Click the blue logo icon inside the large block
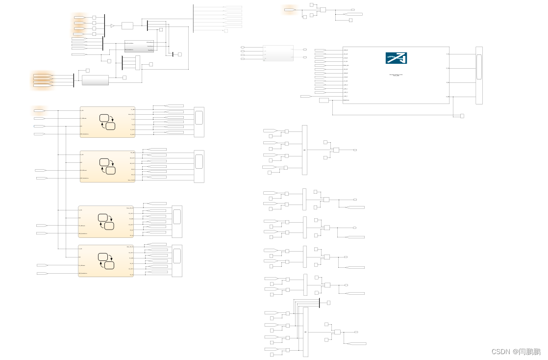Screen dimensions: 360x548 (x=396, y=58)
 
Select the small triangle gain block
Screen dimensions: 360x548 (x=112, y=26)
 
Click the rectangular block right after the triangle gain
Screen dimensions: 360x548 (x=127, y=26)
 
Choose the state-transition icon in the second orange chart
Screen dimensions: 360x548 (x=107, y=166)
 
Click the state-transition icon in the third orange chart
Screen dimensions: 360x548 (x=106, y=222)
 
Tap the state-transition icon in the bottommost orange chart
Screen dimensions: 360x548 (x=106, y=260)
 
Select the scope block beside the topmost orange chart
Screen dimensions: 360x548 (x=199, y=122)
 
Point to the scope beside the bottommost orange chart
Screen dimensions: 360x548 (x=177, y=260)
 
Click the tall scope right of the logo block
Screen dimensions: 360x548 (x=479, y=75)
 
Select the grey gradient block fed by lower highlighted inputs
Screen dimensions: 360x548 (x=95, y=80)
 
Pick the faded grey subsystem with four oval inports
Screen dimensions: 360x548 (x=278, y=53)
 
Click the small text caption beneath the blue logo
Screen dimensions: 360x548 (x=396, y=75)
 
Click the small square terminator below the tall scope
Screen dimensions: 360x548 (x=462, y=116)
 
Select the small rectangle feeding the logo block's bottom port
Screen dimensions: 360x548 (x=324, y=100)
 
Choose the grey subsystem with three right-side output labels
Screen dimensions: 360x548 (x=139, y=46)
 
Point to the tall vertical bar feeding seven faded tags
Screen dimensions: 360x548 (x=193, y=18)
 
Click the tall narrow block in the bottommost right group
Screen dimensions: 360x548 (x=306, y=332)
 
